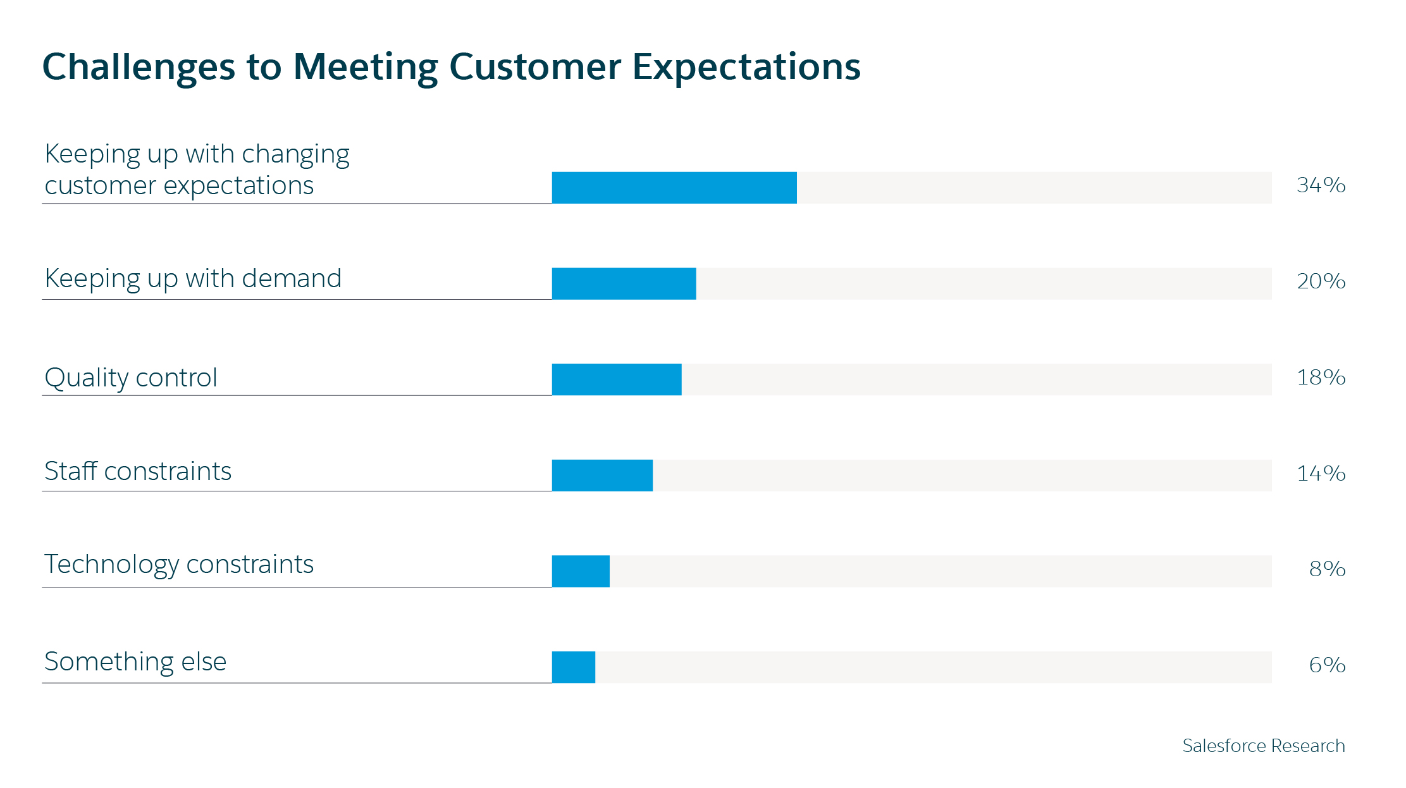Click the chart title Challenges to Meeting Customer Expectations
point(451,67)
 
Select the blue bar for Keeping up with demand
point(624,283)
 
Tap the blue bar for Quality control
point(617,379)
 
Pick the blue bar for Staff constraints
point(602,476)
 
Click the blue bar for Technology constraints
point(581,571)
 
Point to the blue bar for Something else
point(573,667)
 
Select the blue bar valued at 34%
point(674,187)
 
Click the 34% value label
point(1321,185)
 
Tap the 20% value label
point(1321,281)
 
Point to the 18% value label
point(1321,378)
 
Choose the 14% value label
point(1321,474)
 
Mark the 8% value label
point(1327,569)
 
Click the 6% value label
point(1327,665)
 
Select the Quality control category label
point(131,378)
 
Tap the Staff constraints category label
point(138,472)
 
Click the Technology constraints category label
point(179,565)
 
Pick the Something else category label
point(135,662)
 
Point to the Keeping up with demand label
point(193,280)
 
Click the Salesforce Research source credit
point(1263,746)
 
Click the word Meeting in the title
point(366,67)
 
